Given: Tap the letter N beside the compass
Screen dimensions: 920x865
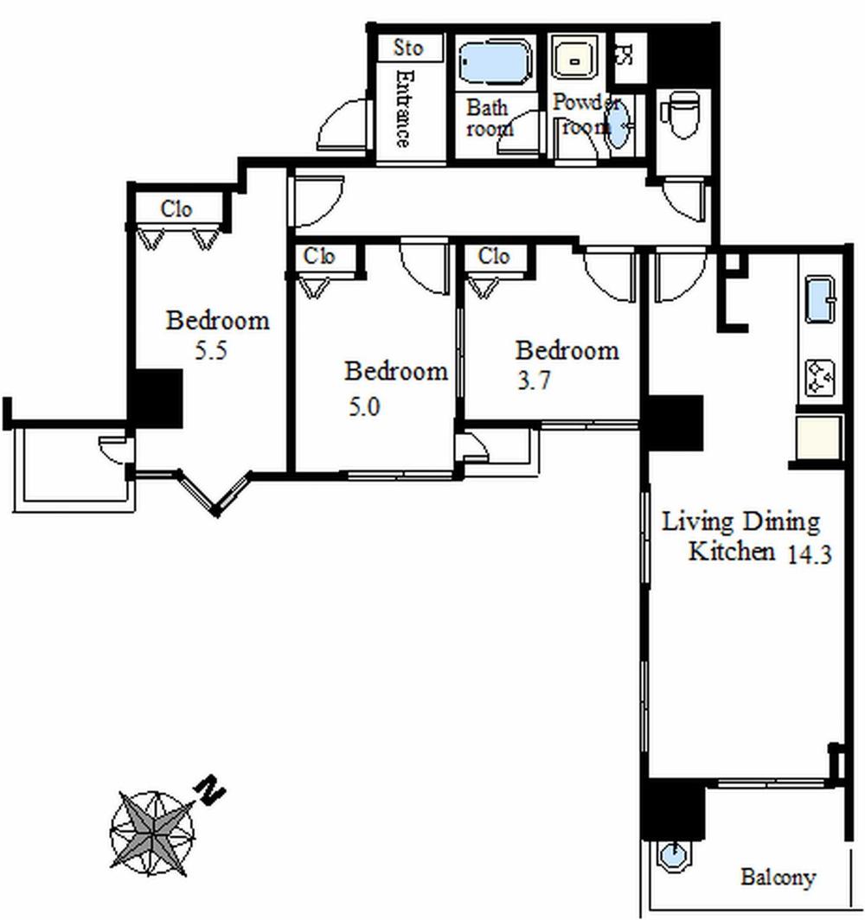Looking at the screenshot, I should (x=210, y=790).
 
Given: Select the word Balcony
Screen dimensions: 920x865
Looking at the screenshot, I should (x=778, y=878).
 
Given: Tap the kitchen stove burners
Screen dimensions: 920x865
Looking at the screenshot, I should (x=819, y=377).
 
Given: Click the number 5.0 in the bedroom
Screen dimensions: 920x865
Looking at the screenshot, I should (x=363, y=406).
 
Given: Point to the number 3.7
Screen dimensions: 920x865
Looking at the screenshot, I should (x=534, y=381).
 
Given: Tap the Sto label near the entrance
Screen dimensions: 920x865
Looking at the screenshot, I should (x=408, y=48).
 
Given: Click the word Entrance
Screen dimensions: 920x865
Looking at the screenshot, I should (x=403, y=109).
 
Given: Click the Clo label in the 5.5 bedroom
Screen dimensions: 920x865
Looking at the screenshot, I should (x=176, y=210).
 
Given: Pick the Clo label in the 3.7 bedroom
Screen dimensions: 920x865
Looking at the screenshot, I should (x=493, y=257).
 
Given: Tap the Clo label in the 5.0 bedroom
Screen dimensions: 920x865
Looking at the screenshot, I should (x=319, y=257).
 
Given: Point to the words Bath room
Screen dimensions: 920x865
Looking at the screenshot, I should (x=490, y=118).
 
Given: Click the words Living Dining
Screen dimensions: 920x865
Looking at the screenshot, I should (x=740, y=522).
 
